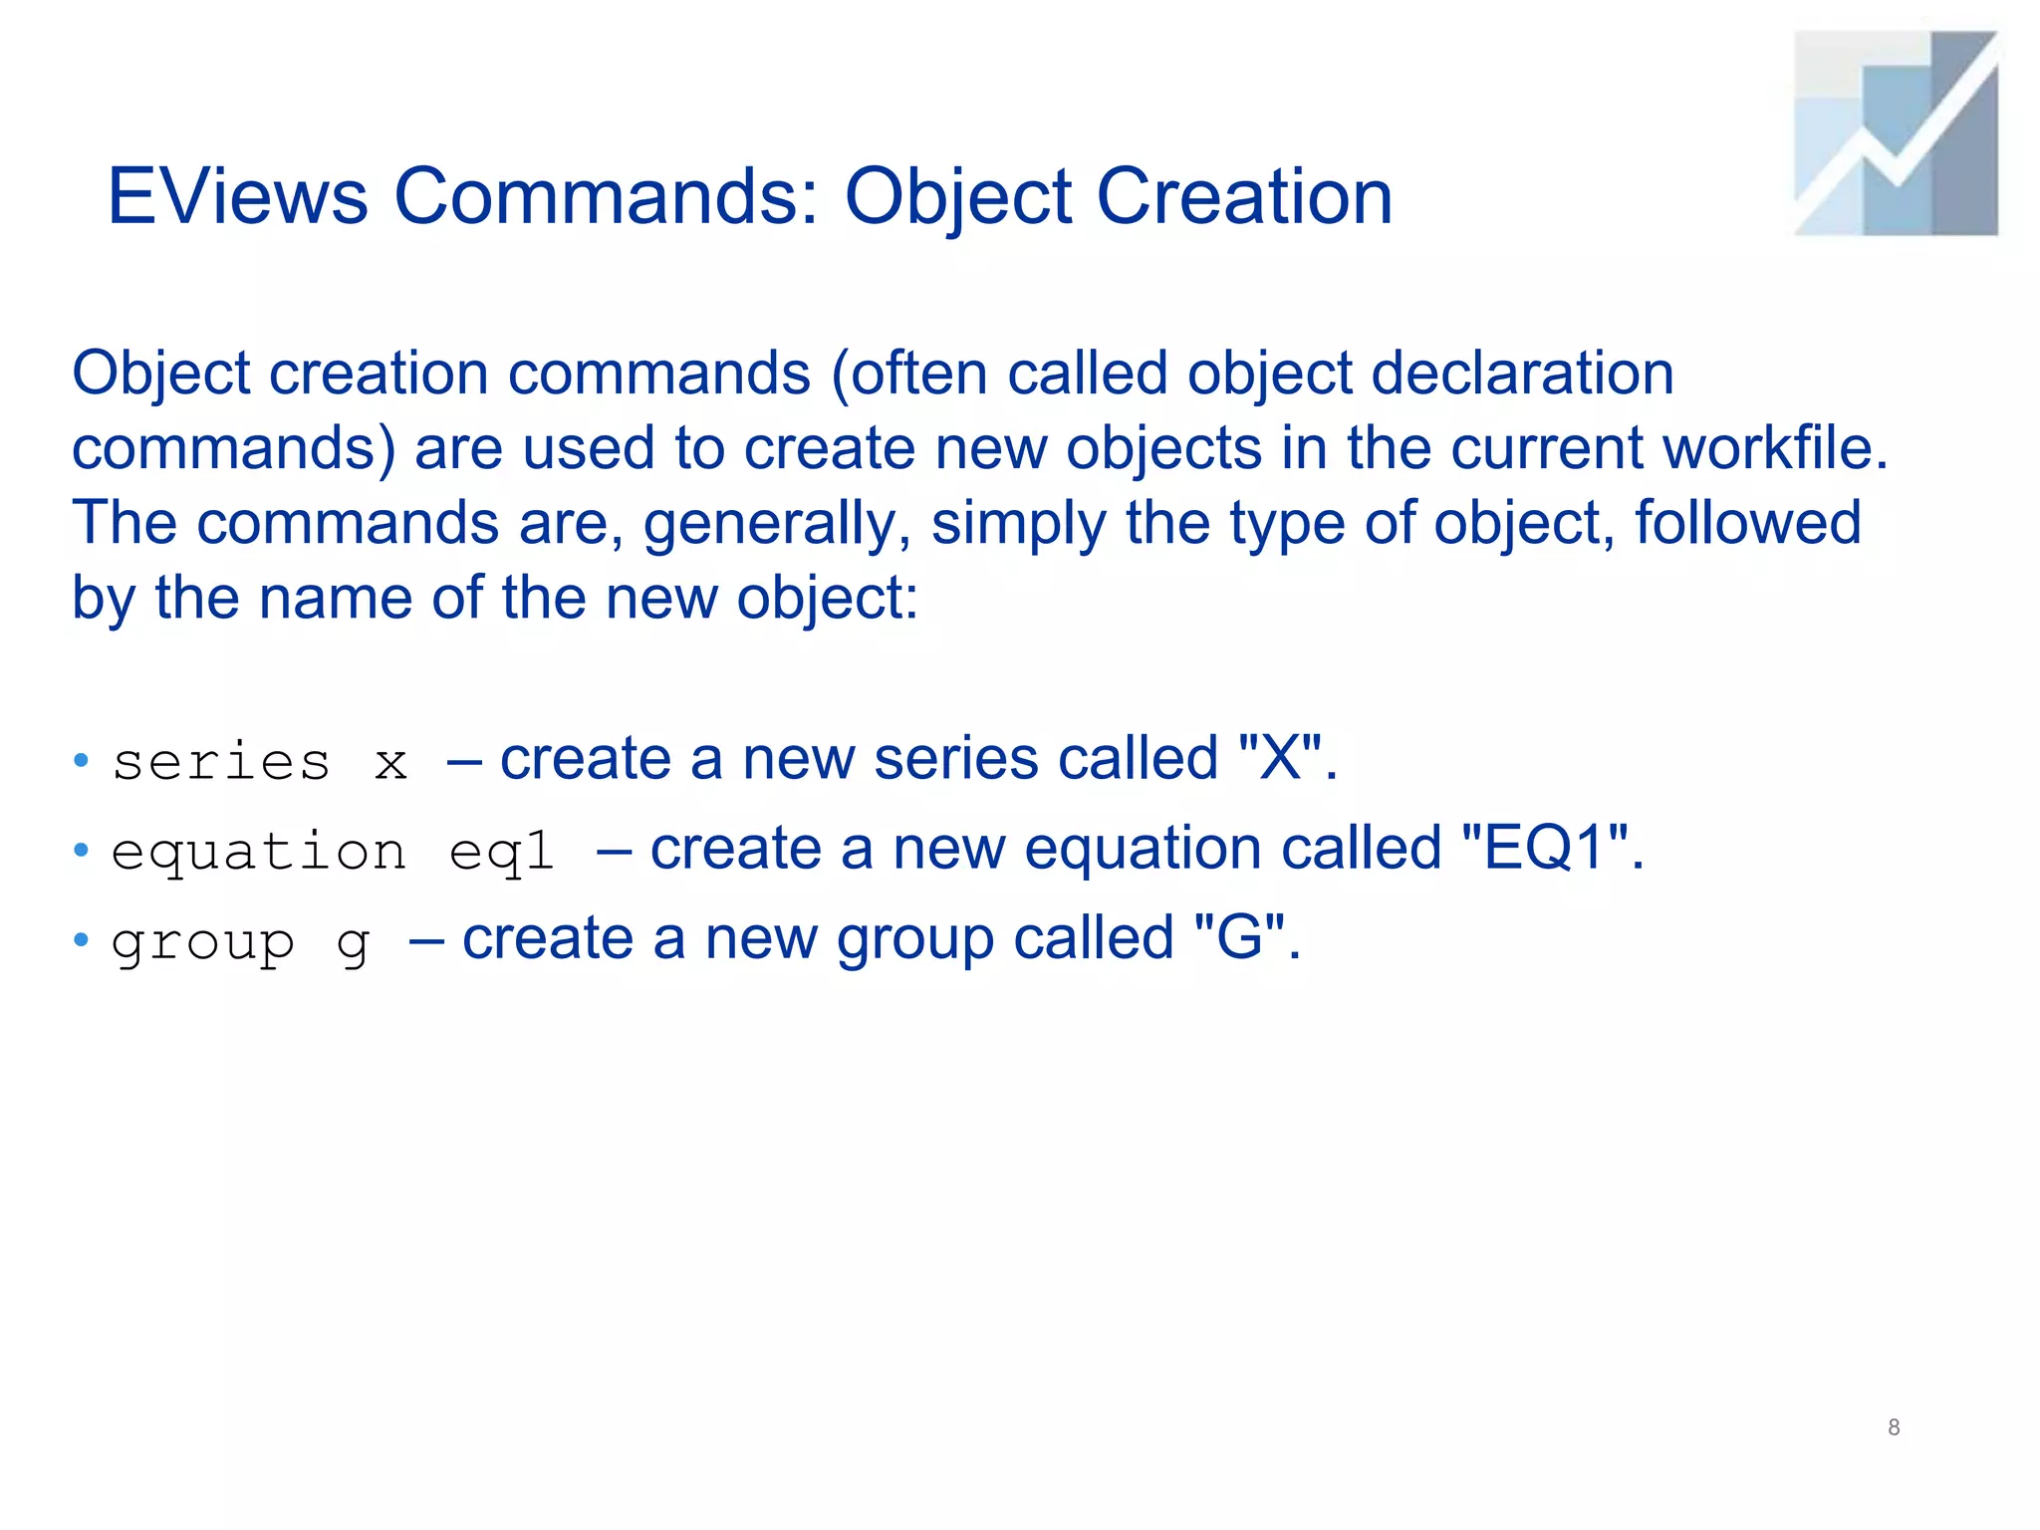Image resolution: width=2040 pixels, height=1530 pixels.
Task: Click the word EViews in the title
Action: (x=237, y=196)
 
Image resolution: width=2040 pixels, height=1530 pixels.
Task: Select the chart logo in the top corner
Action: (x=1896, y=133)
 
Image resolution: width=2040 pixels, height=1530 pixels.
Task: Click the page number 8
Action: (x=1894, y=1427)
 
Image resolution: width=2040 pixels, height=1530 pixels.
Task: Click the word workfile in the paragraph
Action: (x=1774, y=448)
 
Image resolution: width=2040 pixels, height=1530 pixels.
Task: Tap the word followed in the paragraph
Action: (x=1747, y=523)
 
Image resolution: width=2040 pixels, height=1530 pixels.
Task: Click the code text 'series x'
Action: (x=260, y=763)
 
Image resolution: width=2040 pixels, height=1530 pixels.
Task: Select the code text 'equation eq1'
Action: (x=333, y=853)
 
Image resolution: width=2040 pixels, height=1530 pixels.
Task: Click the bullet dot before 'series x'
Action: (x=82, y=762)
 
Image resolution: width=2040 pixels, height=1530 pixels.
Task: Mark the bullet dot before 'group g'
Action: (x=82, y=940)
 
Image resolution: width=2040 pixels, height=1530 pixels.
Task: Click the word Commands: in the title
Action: (x=608, y=196)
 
